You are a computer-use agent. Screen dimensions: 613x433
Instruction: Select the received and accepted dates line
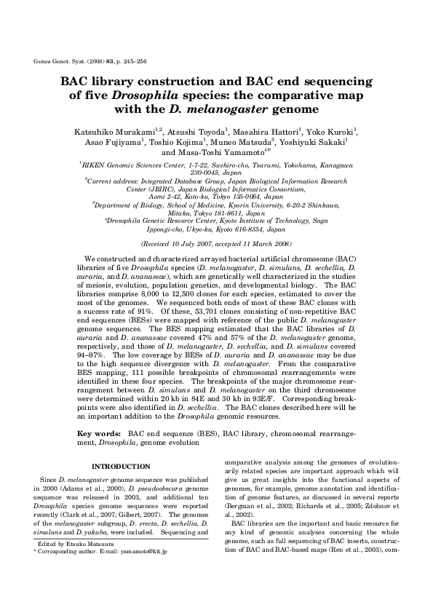pos(216,245)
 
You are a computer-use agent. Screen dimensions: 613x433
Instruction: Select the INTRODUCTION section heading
pos(121,466)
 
